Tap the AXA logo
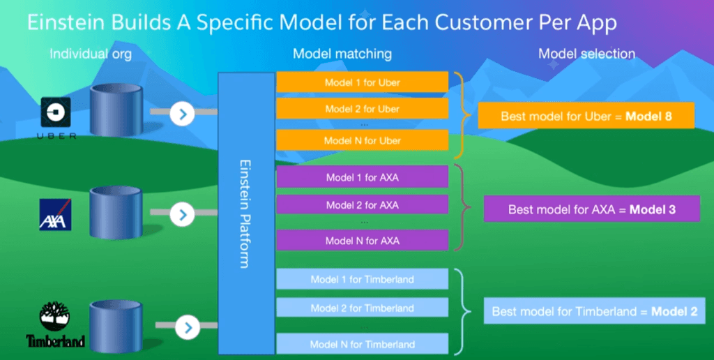click(55, 214)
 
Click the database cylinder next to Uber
click(116, 111)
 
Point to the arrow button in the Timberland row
click(186, 326)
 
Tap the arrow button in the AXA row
click(182, 214)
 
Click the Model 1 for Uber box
click(362, 82)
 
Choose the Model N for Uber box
click(362, 140)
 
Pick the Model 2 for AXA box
click(362, 204)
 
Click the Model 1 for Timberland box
click(362, 279)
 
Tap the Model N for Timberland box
click(362, 343)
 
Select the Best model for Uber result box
click(586, 117)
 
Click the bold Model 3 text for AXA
click(653, 209)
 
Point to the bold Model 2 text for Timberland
click(674, 311)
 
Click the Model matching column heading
click(342, 54)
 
